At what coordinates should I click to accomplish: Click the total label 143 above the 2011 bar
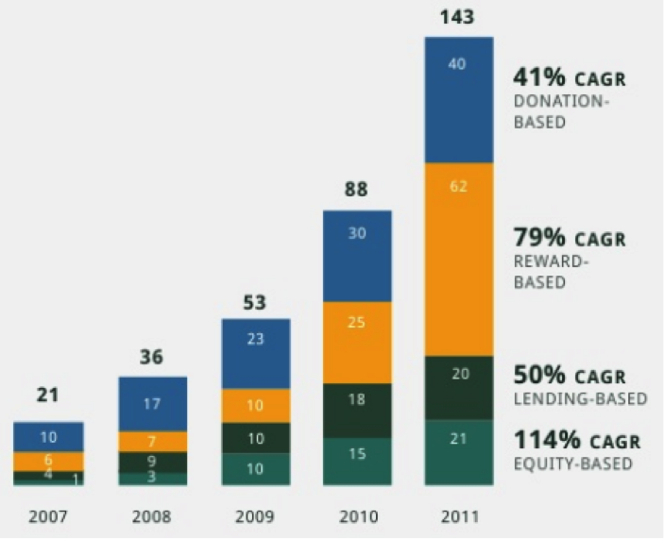457,17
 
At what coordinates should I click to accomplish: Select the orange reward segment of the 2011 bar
459,259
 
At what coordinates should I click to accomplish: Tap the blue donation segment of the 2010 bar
357,256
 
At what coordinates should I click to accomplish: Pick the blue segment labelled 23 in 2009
256,354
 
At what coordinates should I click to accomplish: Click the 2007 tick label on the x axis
48,516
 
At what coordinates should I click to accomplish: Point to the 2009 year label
255,516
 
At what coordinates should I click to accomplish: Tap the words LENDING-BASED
580,398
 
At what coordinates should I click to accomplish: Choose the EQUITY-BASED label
572,463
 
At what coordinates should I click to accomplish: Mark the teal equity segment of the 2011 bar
459,452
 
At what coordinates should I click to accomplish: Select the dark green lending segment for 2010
357,411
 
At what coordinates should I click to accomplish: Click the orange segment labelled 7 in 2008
153,442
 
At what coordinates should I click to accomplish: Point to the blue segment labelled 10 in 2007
48,437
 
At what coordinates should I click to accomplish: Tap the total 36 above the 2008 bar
152,358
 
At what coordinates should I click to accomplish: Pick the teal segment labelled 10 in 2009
256,469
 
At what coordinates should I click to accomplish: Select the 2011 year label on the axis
459,516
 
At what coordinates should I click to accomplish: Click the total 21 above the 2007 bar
48,396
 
